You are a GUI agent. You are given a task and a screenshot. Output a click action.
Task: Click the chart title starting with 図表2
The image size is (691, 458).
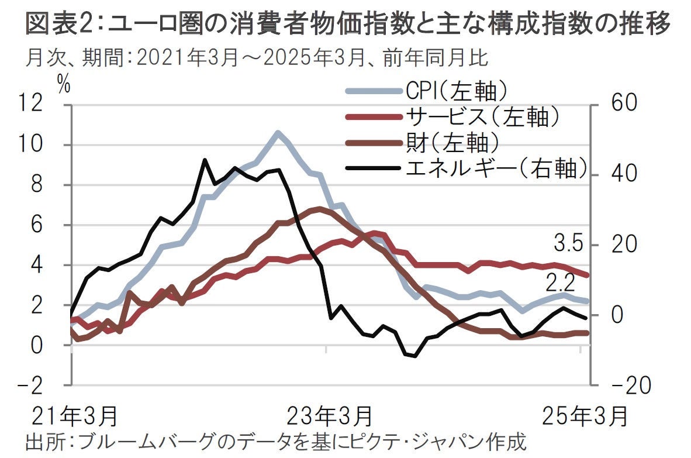tap(345, 25)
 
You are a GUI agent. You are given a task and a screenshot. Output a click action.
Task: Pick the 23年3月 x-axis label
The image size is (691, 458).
tap(331, 416)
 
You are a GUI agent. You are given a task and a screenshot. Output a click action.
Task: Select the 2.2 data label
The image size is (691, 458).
tap(561, 284)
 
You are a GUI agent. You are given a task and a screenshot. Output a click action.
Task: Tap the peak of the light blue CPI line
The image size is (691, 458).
tap(277, 132)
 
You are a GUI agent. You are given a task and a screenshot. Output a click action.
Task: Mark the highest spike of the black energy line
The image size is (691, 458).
tap(204, 160)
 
